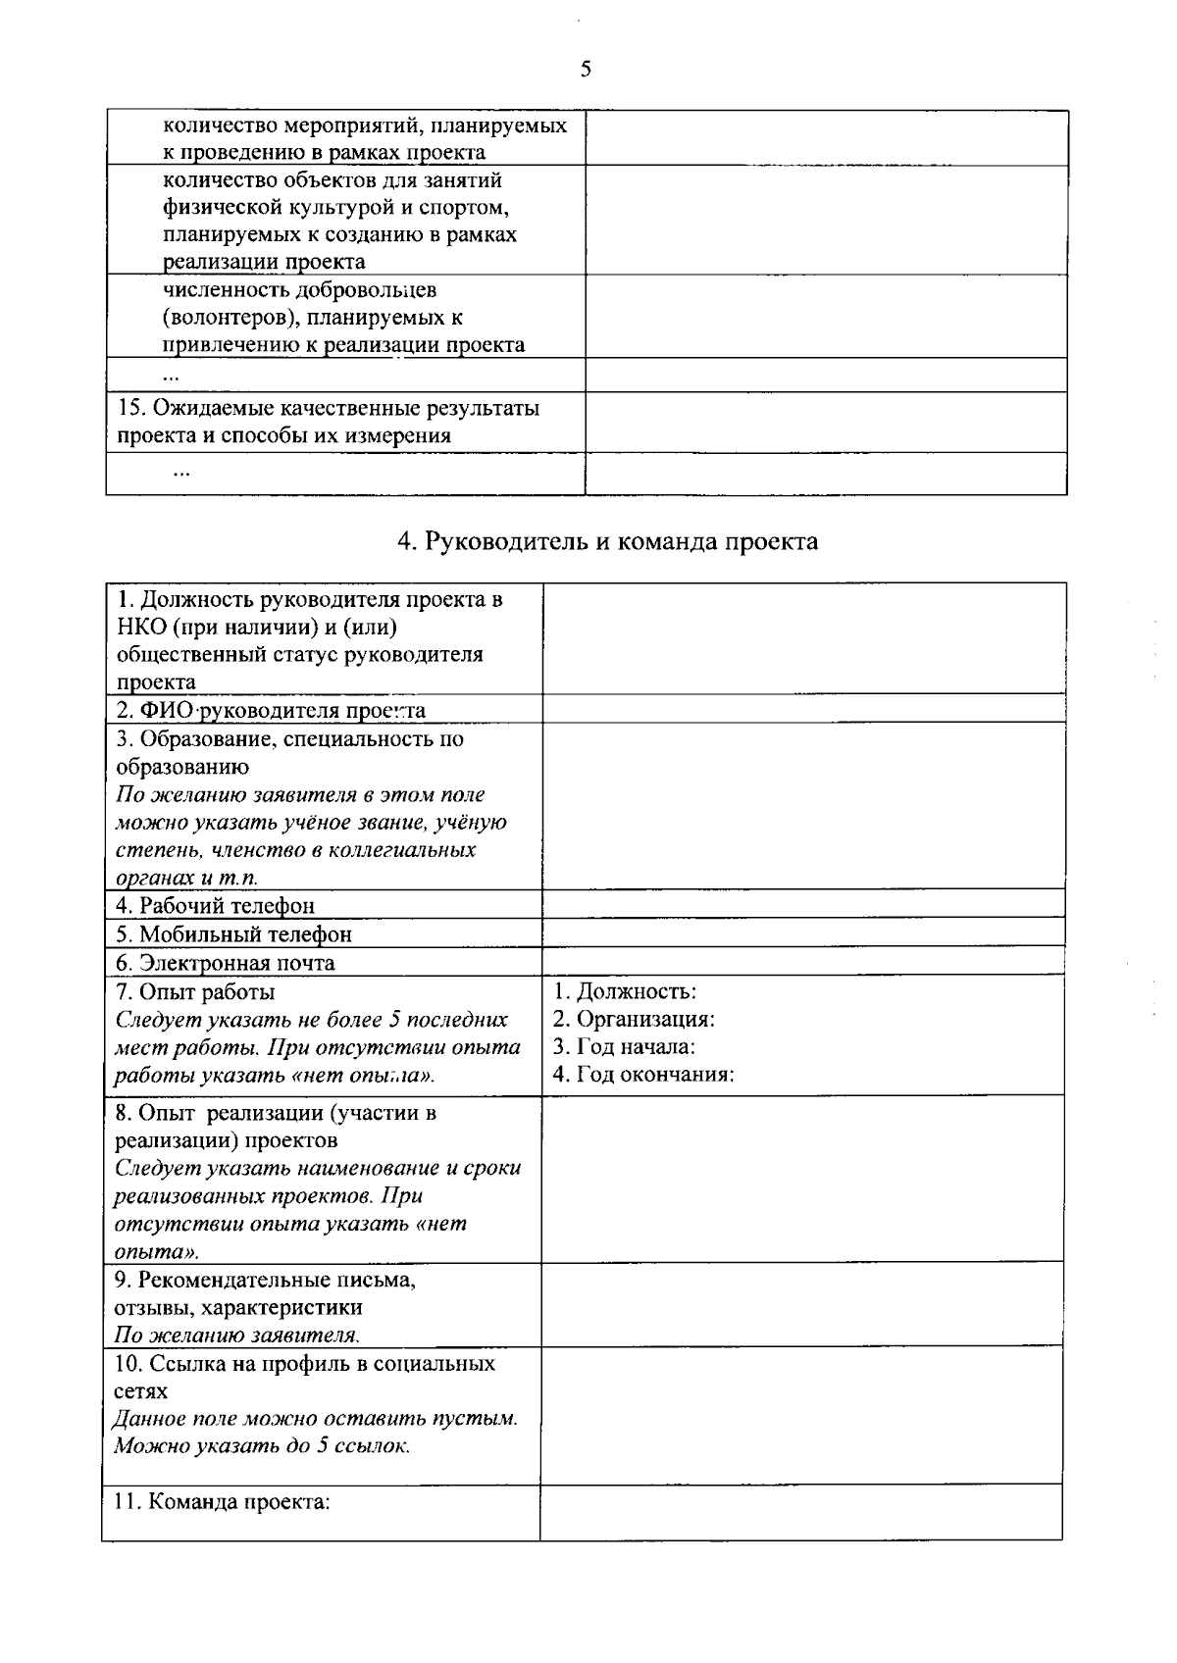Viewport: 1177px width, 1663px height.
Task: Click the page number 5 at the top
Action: point(586,68)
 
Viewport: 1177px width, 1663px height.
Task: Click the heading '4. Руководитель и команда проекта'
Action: point(607,541)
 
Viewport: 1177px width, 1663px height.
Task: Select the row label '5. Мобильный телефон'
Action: point(233,933)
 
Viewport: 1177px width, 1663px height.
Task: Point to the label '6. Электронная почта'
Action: point(226,962)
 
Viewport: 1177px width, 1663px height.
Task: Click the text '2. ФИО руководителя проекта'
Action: point(270,710)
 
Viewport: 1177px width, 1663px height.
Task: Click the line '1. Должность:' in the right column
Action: point(625,991)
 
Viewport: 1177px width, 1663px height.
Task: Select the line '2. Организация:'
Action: point(634,1019)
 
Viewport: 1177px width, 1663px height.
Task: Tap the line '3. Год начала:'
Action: point(624,1046)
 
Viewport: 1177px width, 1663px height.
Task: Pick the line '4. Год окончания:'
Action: point(643,1074)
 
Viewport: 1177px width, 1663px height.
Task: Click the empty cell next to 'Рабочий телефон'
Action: point(803,904)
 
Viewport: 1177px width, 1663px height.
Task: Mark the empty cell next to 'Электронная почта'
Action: point(803,961)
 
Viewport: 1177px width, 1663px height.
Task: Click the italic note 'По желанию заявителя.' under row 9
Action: point(237,1335)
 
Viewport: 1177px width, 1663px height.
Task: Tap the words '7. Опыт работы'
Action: point(195,991)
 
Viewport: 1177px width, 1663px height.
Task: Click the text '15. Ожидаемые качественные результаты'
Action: point(328,408)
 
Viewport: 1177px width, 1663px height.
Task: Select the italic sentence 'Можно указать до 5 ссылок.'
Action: point(262,1445)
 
